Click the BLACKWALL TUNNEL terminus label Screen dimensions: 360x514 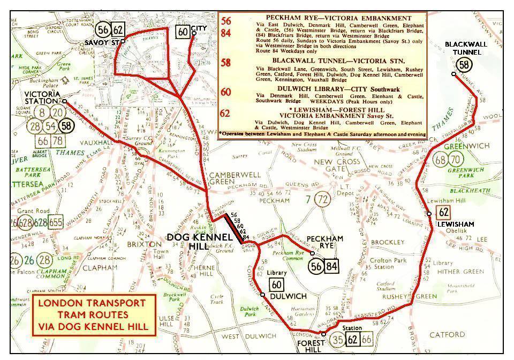tap(466, 48)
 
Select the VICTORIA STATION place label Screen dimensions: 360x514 tap(41, 97)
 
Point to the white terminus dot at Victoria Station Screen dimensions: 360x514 tap(64, 101)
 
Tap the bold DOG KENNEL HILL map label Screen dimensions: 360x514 tap(191, 242)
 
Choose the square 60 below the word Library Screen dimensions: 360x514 tap(277, 284)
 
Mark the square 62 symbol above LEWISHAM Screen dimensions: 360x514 tap(443, 212)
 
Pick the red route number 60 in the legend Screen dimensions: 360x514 tap(226, 92)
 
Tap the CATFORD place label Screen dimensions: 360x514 tap(448, 335)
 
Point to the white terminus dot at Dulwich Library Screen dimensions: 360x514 tap(262, 295)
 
